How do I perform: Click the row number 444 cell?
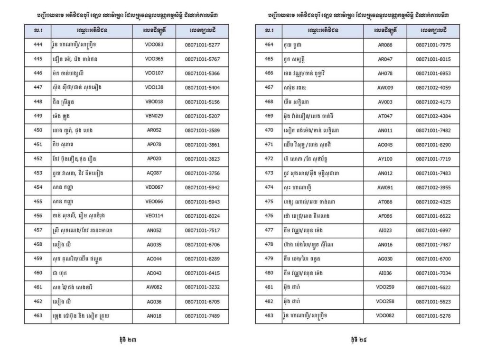point(38,45)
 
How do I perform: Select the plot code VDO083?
point(154,45)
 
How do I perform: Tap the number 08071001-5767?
point(202,59)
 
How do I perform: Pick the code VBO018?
point(154,102)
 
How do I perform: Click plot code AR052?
point(154,130)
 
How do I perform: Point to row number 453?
point(38,173)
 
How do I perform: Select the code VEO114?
point(154,215)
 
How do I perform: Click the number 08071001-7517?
point(202,230)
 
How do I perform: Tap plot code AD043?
point(154,273)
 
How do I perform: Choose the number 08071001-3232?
point(202,287)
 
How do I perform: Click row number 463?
point(38,315)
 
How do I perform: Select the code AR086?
point(385,45)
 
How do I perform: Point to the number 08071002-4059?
point(433,87)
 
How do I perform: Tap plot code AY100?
point(385,158)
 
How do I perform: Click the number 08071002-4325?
point(433,202)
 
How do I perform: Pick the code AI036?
point(385,273)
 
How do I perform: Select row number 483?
point(269,315)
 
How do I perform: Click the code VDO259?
point(385,287)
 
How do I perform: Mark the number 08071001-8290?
point(433,144)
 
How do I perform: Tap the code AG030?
point(385,258)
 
